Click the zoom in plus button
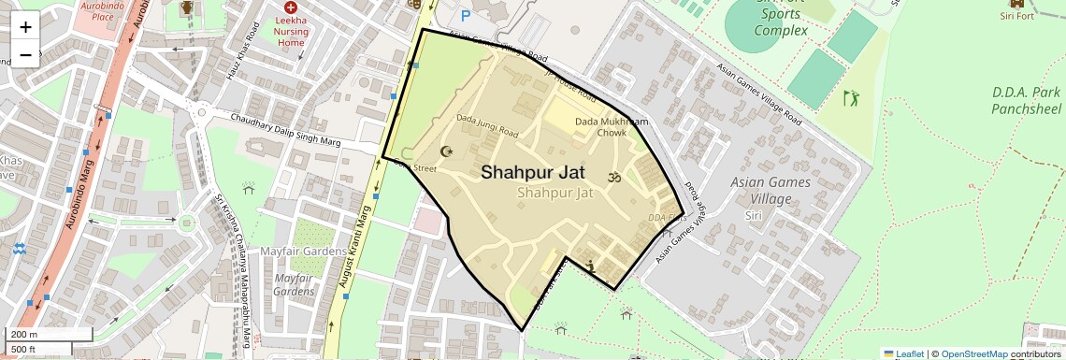(x=25, y=26)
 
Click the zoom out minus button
(x=25, y=53)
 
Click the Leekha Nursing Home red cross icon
(x=291, y=7)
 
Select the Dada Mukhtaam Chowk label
(x=612, y=127)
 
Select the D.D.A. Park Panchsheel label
(x=1026, y=101)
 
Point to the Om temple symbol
(x=615, y=177)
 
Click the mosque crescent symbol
(x=446, y=151)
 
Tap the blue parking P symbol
(x=466, y=16)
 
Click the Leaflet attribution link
(x=903, y=353)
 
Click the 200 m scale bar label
(x=24, y=335)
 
